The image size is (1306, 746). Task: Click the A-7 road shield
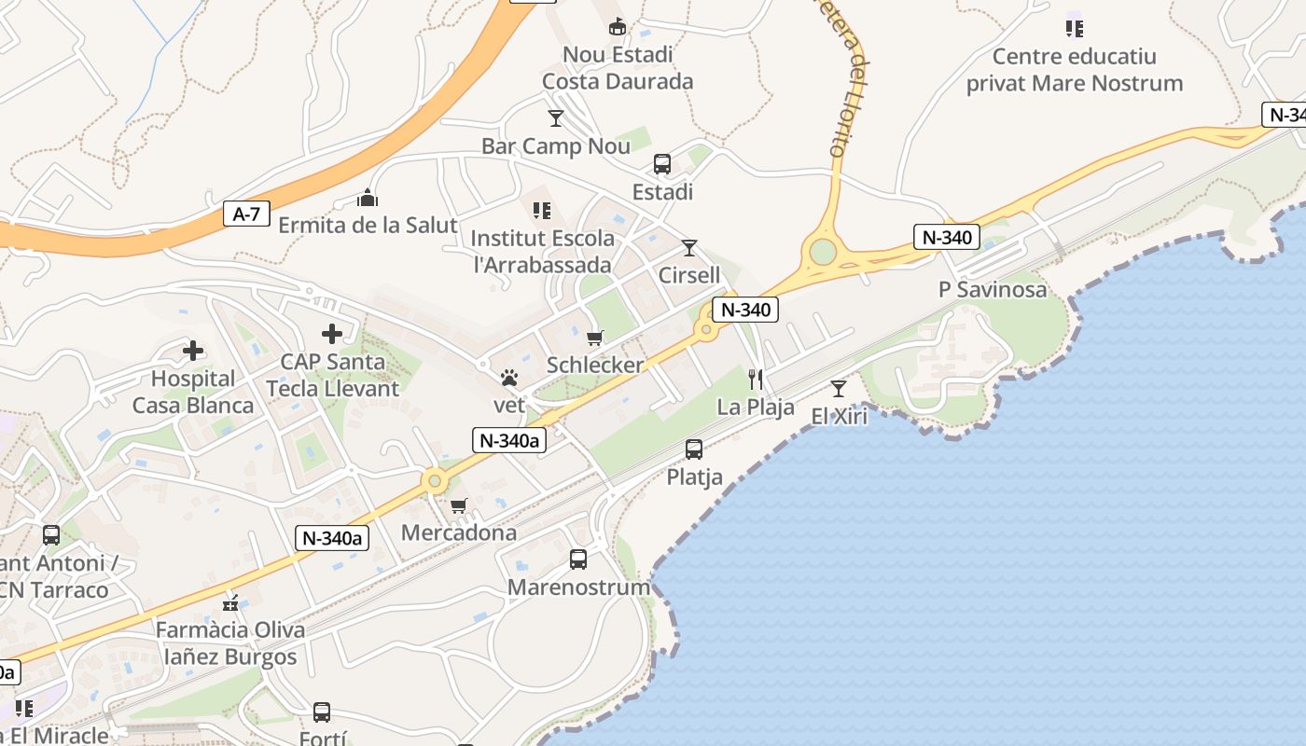[246, 214]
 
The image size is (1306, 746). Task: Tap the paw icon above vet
[509, 379]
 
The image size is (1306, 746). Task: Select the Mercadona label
[458, 532]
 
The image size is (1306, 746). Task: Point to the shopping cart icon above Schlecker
[594, 338]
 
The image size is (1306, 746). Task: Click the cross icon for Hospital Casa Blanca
[193, 351]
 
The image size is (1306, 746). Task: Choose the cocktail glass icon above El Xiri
[839, 389]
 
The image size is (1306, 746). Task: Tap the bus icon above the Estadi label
[662, 165]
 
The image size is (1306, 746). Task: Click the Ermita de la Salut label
[368, 225]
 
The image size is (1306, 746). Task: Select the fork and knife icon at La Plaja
[756, 380]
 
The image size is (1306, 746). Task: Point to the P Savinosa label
[993, 289]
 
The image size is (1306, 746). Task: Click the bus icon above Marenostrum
[578, 559]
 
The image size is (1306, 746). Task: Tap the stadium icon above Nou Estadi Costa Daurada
[617, 28]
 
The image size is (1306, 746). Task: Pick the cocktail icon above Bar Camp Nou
[556, 118]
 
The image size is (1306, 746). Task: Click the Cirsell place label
[689, 275]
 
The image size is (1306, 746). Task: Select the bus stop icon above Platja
[694, 449]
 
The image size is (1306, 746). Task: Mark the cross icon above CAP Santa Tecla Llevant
[332, 334]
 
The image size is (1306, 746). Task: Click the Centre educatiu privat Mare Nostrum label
[1074, 70]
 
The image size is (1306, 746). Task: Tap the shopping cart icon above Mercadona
[458, 505]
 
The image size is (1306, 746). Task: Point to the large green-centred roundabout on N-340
[823, 251]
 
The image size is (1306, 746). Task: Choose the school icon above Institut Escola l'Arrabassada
[541, 211]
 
